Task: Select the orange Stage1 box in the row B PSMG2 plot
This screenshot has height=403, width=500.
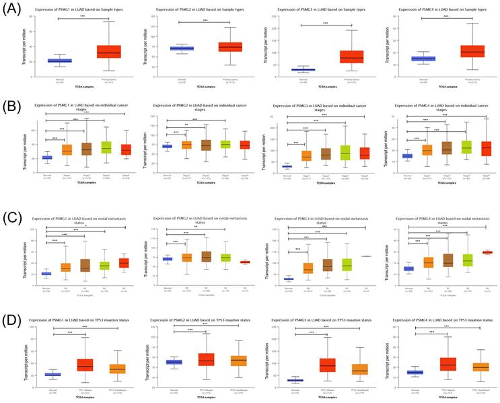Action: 186,145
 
